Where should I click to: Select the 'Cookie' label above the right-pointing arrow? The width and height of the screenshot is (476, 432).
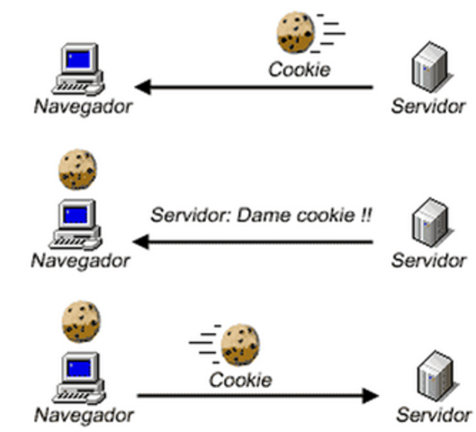pos(240,379)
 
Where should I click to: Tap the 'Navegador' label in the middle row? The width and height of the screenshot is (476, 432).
pos(80,261)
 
